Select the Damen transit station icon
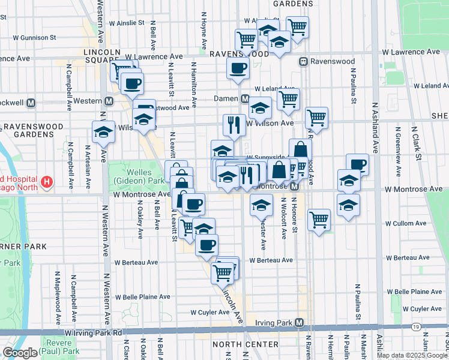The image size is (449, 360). [245, 98]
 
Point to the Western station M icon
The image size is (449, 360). [109, 101]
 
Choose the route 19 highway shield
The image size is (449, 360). [415, 326]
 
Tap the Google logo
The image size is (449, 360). [20, 353]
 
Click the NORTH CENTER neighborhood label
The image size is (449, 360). [245, 344]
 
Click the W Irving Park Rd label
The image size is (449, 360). [93, 332]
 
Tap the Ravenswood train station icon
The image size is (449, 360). [304, 61]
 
